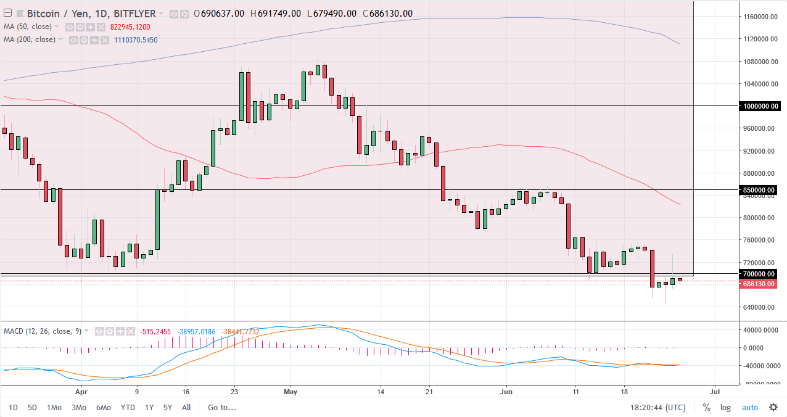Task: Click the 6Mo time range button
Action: tap(103, 407)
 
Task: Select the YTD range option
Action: tap(128, 407)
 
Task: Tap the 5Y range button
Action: tap(168, 407)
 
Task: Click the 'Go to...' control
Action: tap(222, 407)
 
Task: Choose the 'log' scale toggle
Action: tap(725, 407)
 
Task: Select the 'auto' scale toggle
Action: tap(749, 407)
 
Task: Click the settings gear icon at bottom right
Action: tap(773, 407)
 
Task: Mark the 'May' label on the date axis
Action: tap(291, 391)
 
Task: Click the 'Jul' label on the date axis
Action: tap(715, 391)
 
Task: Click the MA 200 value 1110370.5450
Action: tap(136, 40)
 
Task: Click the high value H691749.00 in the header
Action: tap(274, 14)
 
